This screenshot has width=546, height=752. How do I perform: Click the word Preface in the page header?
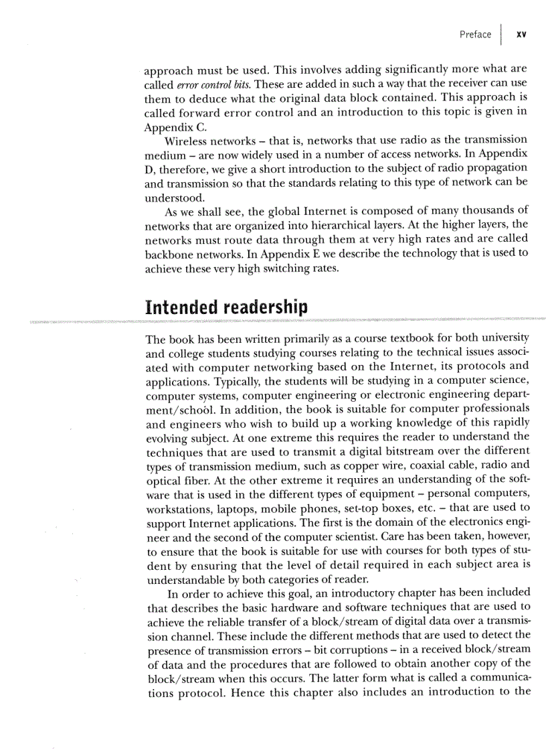[x=475, y=35]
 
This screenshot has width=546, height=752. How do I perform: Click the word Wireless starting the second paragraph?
[x=187, y=140]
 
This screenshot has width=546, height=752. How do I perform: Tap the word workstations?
[x=179, y=508]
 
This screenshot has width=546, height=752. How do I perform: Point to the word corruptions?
[x=350, y=649]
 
